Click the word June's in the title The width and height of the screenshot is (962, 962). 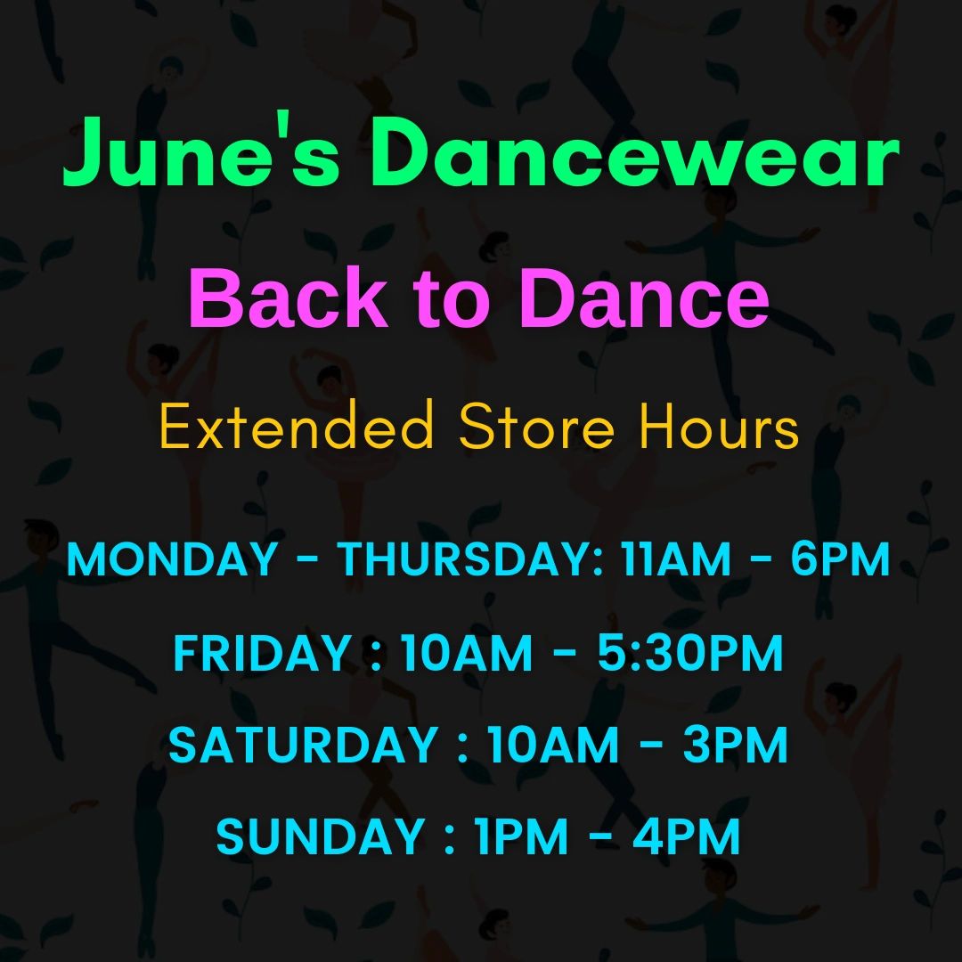pos(201,151)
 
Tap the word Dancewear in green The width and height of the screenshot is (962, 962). pos(635,151)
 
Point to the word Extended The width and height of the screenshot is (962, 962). pos(297,425)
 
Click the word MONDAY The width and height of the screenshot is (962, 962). pos(172,558)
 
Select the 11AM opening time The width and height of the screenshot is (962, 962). pos(675,558)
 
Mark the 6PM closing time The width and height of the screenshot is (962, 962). pos(840,558)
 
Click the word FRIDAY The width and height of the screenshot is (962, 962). pos(262,652)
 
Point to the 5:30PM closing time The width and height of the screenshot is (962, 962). pos(690,652)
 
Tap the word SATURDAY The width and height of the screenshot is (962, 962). pos(303,744)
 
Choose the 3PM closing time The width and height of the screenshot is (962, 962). pos(735,744)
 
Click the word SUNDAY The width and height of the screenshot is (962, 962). pos(321,836)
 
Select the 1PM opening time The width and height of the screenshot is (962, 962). pos(521,836)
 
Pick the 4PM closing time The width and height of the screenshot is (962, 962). pos(687,836)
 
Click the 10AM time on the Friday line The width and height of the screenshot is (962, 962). pos(466,652)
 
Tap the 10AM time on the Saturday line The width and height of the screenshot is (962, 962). pos(553,744)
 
